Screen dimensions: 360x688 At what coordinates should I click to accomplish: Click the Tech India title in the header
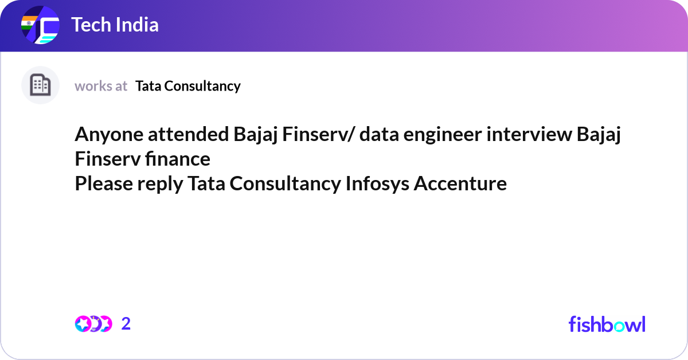pyautogui.click(x=115, y=25)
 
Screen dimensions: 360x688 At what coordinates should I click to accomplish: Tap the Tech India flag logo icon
pyautogui.click(x=40, y=26)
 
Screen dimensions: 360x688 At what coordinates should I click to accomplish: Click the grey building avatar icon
pyautogui.click(x=40, y=85)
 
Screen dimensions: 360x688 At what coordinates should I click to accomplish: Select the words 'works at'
pyautogui.click(x=101, y=86)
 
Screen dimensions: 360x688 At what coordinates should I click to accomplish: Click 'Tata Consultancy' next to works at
pyautogui.click(x=188, y=86)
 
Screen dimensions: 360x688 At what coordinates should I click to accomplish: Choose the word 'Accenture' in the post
pyautogui.click(x=460, y=183)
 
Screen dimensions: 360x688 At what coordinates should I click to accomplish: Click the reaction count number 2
pyautogui.click(x=126, y=324)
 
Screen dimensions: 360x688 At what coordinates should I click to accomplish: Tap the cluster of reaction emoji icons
pyautogui.click(x=93, y=324)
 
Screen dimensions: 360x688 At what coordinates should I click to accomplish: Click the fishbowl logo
pyautogui.click(x=607, y=324)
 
